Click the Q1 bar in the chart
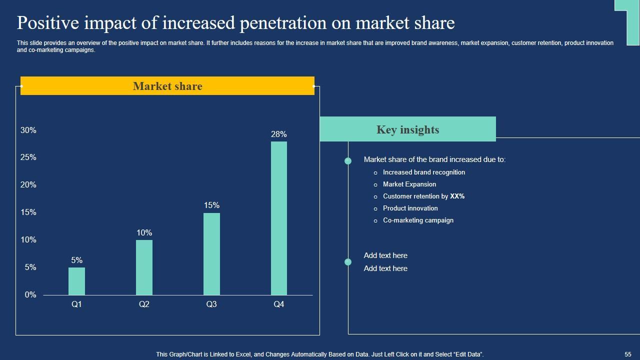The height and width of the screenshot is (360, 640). (76, 281)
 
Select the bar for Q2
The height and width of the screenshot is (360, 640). (144, 267)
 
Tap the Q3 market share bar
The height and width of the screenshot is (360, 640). (211, 253)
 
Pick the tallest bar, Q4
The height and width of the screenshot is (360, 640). (279, 218)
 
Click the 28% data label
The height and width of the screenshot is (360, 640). (279, 134)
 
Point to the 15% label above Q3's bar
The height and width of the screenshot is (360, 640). (211, 205)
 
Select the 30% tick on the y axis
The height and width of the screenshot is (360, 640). (28, 130)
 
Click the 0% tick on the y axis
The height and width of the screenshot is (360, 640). (30, 295)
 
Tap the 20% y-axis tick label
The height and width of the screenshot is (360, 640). (28, 185)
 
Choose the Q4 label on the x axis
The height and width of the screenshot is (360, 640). (279, 304)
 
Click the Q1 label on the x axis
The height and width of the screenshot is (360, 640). (76, 304)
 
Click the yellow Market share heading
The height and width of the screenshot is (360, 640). (167, 86)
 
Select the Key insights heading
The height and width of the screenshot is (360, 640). (407, 129)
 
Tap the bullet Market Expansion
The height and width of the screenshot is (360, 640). (409, 184)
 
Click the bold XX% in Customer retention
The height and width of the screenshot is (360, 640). (457, 196)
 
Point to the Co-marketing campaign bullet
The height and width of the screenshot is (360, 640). (418, 220)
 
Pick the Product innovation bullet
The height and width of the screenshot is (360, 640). (410, 208)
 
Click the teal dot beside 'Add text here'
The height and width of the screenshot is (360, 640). (348, 262)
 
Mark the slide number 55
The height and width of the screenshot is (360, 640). (628, 354)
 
